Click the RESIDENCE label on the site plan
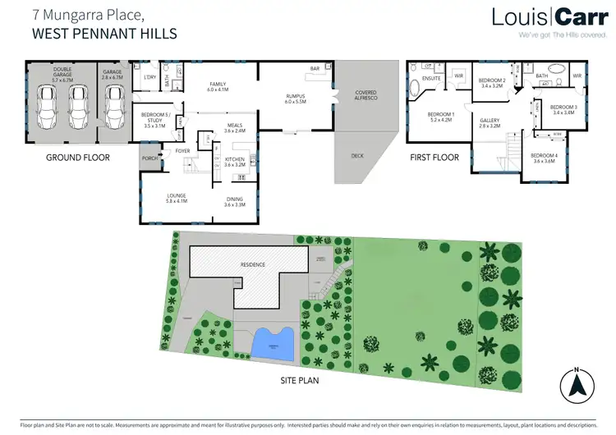(252, 265)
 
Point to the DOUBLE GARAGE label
(62, 72)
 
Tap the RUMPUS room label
(295, 98)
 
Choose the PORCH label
(149, 159)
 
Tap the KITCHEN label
(235, 161)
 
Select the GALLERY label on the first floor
(490, 123)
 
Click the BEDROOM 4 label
(544, 158)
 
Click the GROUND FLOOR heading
(74, 158)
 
